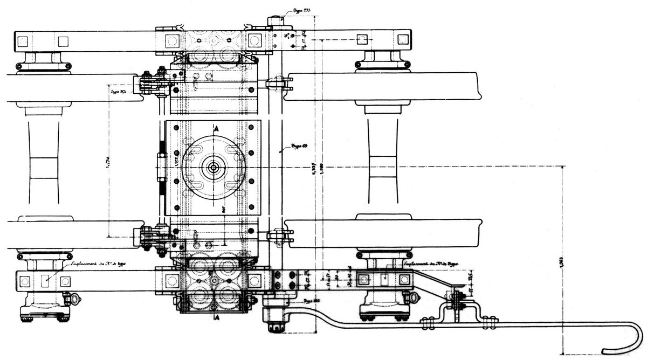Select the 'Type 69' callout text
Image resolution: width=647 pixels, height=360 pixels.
coord(299,146)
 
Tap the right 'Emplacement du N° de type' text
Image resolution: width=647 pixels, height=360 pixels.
coord(431,265)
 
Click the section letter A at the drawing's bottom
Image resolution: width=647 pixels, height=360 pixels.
coord(216,318)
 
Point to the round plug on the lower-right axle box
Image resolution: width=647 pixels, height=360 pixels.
coord(414,296)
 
